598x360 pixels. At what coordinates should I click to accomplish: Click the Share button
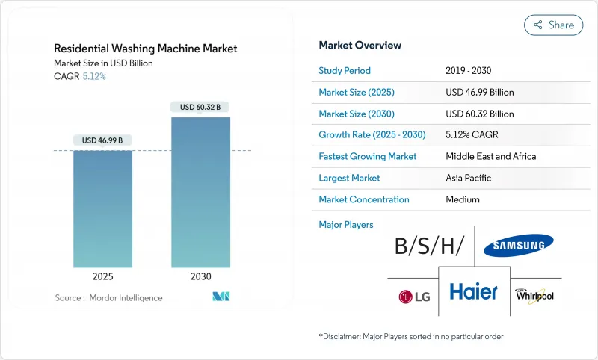[554, 25]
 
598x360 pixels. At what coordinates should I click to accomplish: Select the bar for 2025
[102, 208]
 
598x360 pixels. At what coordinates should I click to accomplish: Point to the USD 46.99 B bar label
[102, 140]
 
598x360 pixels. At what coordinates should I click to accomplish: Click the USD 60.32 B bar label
[201, 107]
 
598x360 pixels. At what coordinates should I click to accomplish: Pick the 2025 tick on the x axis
[102, 276]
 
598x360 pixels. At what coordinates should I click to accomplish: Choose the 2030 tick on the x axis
[201, 276]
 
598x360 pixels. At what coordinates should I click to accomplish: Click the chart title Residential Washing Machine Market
[146, 49]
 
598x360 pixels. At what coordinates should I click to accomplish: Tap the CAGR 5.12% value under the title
[93, 76]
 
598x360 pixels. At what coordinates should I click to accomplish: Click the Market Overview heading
[360, 46]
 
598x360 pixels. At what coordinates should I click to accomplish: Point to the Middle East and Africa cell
[490, 157]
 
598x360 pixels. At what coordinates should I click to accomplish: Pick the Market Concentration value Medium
[463, 199]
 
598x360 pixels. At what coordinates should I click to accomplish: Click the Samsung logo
[518, 244]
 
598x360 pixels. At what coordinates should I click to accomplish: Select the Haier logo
[473, 291]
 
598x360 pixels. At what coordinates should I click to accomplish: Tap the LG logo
[413, 297]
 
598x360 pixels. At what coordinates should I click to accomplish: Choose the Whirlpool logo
[534, 295]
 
